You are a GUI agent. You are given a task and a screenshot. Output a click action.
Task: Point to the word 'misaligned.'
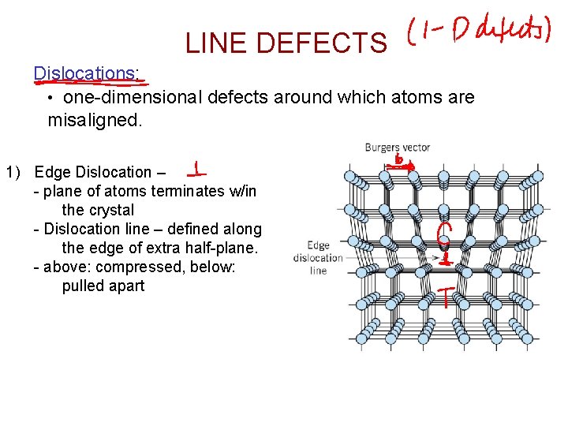click(x=95, y=121)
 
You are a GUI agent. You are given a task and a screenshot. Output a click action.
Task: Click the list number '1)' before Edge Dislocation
click(x=16, y=172)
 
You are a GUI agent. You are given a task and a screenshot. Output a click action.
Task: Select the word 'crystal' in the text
click(x=110, y=210)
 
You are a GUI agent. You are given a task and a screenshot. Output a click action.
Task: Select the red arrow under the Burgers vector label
click(x=405, y=167)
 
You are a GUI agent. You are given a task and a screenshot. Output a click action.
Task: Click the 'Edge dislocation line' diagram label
click(x=318, y=258)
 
